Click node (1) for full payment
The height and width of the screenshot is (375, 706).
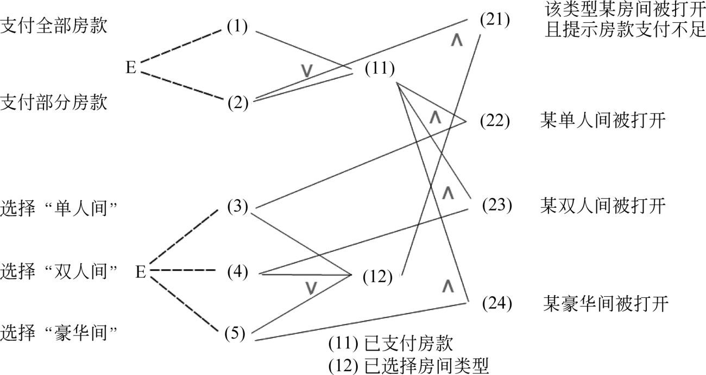coord(237,27)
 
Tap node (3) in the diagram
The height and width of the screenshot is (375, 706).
coord(237,207)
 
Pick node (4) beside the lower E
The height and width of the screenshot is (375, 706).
coord(237,271)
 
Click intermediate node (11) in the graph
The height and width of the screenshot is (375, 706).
coord(380,69)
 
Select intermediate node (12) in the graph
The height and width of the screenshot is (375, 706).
coord(377,277)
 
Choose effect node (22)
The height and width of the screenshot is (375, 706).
coord(495,120)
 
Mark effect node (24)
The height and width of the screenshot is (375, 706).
coord(497,303)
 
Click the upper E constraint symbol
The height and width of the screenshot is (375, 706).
coord(131,69)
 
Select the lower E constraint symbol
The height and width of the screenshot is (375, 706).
coord(141,271)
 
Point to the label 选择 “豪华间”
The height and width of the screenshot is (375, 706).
coord(60,330)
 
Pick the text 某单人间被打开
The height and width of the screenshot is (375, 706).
coord(603,120)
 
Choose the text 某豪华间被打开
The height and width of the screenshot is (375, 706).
coord(605,303)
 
